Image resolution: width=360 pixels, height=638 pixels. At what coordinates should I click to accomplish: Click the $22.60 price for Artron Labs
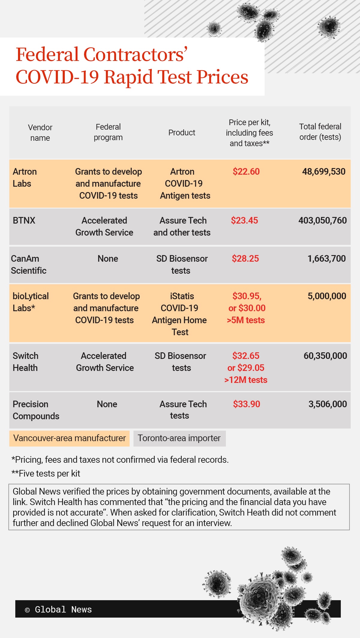[x=246, y=172]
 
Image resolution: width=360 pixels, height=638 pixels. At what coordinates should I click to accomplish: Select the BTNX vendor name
[x=24, y=221]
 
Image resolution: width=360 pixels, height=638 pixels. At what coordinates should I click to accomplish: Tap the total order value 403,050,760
[x=322, y=221]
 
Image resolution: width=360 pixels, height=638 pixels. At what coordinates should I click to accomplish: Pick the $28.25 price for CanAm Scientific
[x=245, y=259]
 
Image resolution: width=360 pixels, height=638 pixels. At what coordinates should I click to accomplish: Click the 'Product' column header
[x=181, y=133]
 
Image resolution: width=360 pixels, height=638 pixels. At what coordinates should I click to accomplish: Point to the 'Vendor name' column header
[x=40, y=133]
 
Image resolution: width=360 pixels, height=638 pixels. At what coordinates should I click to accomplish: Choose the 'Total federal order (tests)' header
[x=320, y=132]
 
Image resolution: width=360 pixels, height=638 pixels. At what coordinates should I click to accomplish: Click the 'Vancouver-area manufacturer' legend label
[x=70, y=438]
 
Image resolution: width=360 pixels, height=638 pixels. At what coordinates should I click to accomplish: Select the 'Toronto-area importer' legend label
[x=179, y=438]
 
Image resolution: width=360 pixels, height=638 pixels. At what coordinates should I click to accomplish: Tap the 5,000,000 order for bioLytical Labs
[x=327, y=296]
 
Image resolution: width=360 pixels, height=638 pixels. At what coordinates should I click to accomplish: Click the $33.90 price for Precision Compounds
[x=246, y=404]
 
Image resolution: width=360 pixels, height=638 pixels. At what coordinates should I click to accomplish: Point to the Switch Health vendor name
[x=25, y=362]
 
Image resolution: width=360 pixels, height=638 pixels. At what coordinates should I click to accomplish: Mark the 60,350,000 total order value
[x=325, y=356]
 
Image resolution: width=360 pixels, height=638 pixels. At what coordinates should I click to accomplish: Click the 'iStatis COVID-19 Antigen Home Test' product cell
[x=180, y=314]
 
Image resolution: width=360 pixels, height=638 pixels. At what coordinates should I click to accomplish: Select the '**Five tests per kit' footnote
[x=46, y=474]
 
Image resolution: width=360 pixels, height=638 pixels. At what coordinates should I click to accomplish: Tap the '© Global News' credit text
[x=58, y=609]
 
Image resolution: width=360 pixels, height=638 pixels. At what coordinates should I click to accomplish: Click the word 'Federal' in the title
[x=47, y=55]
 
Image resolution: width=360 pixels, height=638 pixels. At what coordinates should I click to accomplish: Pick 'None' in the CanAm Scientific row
[x=108, y=259]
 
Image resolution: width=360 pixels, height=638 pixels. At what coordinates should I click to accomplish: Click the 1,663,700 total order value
[x=326, y=259]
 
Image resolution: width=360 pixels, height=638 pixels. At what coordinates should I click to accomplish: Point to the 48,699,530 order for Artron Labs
[x=324, y=172]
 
